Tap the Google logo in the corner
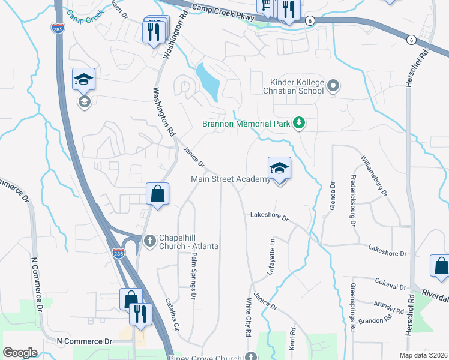tap(20, 352)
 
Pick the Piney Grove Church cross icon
tap(251, 356)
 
